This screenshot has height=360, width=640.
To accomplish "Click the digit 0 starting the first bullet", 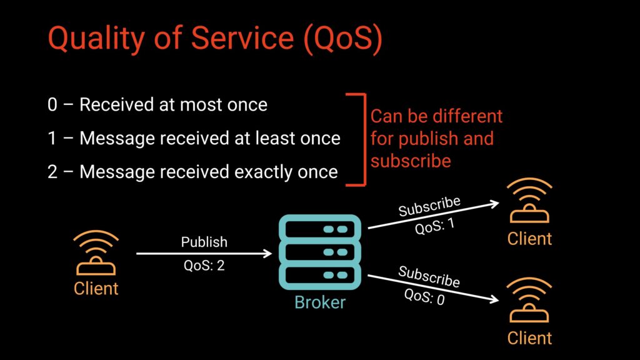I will coord(52,104).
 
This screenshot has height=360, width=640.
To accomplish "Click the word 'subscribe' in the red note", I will coord(411,161).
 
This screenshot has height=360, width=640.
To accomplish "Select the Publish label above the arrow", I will coord(204,242).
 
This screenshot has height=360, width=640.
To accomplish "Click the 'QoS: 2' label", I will coord(204,266).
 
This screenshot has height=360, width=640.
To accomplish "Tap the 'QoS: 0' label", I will coord(424,296).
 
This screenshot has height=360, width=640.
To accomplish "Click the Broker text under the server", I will coord(320,303).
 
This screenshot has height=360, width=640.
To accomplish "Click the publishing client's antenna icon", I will coord(96,253).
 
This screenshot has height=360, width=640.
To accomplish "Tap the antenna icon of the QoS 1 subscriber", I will coord(529,201).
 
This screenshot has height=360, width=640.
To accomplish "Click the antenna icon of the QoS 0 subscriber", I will coord(529,301).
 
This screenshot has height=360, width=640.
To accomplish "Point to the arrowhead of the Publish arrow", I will coord(269,254).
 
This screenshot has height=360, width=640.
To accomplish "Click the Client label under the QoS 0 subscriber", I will coord(529,338).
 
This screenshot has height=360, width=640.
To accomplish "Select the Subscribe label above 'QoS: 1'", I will coord(430,207).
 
